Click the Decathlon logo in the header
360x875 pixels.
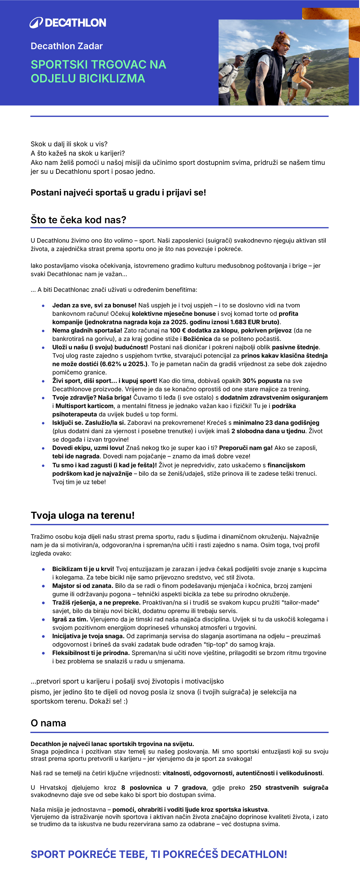[68, 23]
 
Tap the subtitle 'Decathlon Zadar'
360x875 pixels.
[67, 46]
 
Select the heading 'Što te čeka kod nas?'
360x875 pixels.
[78, 220]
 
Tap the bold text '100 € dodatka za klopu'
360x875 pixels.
[204, 331]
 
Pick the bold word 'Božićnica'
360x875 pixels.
[197, 339]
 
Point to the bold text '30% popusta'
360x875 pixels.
[262, 381]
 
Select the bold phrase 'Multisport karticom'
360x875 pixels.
[84, 406]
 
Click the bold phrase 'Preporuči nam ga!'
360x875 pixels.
[245, 448]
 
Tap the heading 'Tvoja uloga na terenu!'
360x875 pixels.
[82, 515]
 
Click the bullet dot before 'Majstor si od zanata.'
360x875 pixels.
[43, 586]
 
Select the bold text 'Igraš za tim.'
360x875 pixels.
[70, 619]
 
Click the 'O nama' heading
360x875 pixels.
[48, 723]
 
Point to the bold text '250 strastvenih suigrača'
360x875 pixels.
[289, 788]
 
